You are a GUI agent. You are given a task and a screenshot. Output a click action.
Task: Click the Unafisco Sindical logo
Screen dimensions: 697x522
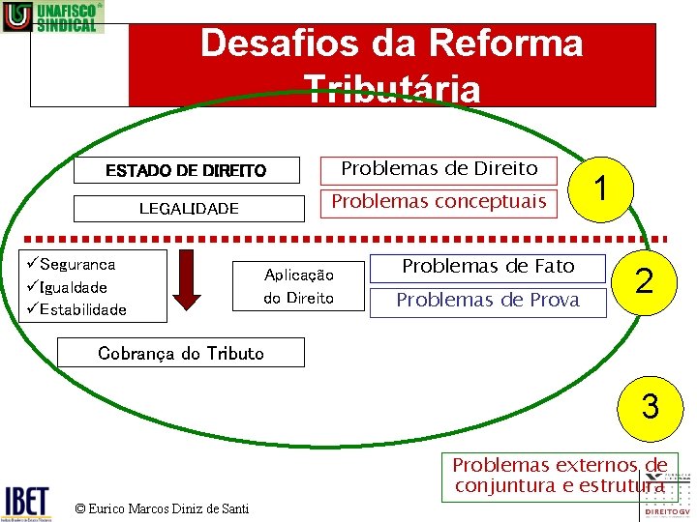click(52, 17)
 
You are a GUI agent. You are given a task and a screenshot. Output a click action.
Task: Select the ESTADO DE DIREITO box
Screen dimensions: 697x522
click(186, 170)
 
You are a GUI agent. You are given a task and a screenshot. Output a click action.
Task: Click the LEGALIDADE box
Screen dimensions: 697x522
click(189, 208)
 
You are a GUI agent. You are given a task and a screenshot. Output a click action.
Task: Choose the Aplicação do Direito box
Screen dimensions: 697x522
click(298, 286)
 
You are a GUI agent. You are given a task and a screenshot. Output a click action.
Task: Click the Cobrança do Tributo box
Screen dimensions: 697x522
click(181, 353)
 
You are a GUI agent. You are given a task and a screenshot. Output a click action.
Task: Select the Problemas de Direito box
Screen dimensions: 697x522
click(439, 169)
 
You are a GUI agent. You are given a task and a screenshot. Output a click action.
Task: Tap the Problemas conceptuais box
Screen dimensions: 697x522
click(439, 202)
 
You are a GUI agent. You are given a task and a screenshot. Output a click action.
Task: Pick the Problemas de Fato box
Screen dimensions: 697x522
click(488, 266)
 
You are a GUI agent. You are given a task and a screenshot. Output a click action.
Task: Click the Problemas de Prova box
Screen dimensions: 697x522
click(488, 300)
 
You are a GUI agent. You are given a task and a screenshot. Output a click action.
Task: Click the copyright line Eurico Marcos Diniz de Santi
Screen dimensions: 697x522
click(162, 508)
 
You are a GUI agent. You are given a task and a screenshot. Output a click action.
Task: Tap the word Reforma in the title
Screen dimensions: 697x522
click(503, 43)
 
